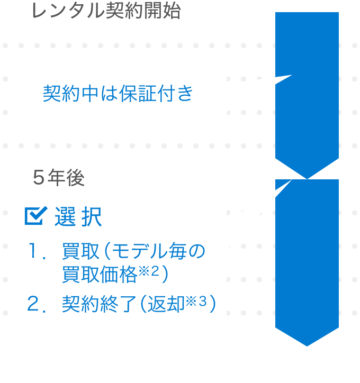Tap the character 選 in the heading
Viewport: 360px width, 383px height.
(x=65, y=217)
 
